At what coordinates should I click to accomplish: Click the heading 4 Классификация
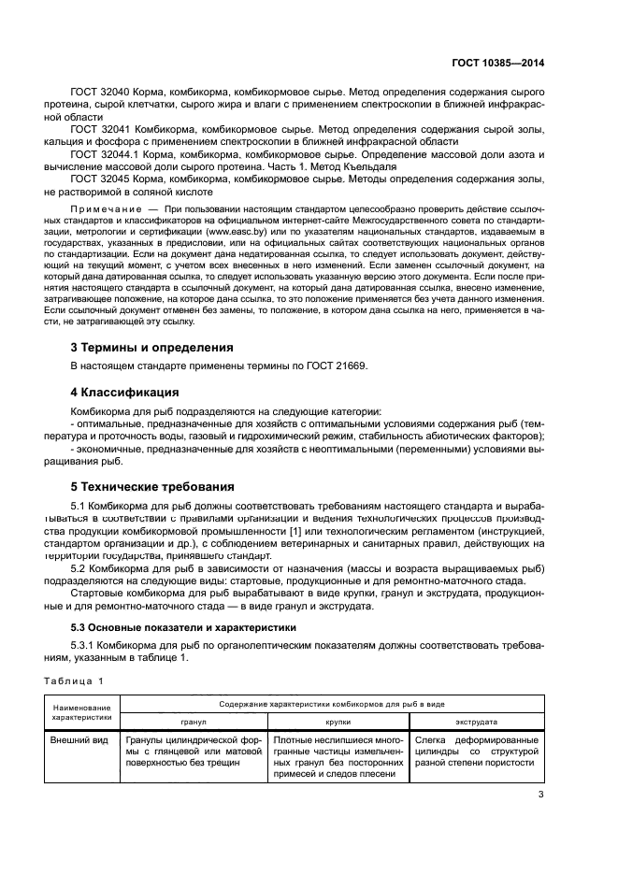pyautogui.click(x=125, y=392)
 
